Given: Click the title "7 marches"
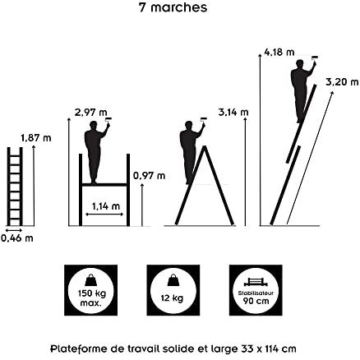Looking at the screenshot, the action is (173, 7).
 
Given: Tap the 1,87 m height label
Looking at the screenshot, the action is (36, 138).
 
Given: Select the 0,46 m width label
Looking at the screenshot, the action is (17, 238).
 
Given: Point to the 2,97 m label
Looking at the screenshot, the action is (90, 113).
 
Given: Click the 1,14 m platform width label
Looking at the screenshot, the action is (106, 206).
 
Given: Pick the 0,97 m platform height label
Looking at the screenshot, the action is (150, 175).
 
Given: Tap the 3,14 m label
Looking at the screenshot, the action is (233, 112).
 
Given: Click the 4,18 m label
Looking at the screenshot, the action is (279, 52).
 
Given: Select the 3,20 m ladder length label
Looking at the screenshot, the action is (342, 81).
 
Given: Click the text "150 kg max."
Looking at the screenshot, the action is (91, 298).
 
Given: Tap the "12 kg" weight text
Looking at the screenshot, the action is (172, 298).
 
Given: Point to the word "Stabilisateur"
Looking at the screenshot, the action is (256, 293).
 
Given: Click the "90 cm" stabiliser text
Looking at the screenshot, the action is (256, 301).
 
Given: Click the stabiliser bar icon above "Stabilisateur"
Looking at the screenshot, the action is (256, 282).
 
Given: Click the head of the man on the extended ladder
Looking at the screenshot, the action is (300, 64).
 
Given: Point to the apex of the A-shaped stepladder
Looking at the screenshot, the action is (205, 146).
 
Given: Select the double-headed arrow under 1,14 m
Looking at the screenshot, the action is (104, 215).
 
